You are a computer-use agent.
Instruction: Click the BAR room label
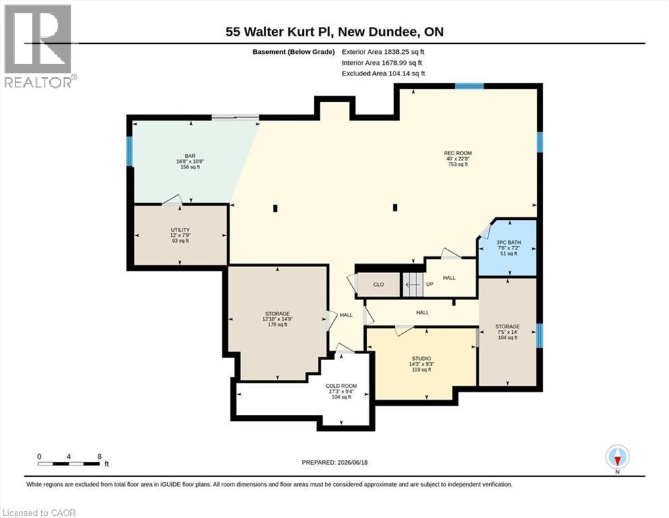coord(190,156)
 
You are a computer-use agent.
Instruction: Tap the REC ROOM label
coord(458,153)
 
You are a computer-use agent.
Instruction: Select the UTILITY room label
coord(180,230)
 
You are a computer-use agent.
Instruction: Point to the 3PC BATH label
coord(509,243)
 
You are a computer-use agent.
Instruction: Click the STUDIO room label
coord(421,359)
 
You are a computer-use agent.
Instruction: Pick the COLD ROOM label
coord(342,386)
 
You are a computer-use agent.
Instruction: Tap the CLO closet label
coord(379,285)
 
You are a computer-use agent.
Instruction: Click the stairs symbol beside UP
coord(412,285)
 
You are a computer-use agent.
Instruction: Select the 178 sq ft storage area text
coord(278,324)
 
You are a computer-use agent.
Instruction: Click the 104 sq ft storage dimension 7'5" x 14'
coord(508,332)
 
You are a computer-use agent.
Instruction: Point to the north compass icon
coord(617,457)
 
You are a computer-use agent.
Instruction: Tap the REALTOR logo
coord(38,46)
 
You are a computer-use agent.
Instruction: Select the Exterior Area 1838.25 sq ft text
coord(383,52)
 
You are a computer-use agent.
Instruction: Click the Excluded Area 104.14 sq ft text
coord(383,74)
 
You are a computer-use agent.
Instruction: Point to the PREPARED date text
coord(334,463)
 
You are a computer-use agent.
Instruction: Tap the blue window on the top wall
coord(469,86)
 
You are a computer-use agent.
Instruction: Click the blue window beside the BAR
coord(129,151)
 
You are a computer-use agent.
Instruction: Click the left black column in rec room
coord(275,208)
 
